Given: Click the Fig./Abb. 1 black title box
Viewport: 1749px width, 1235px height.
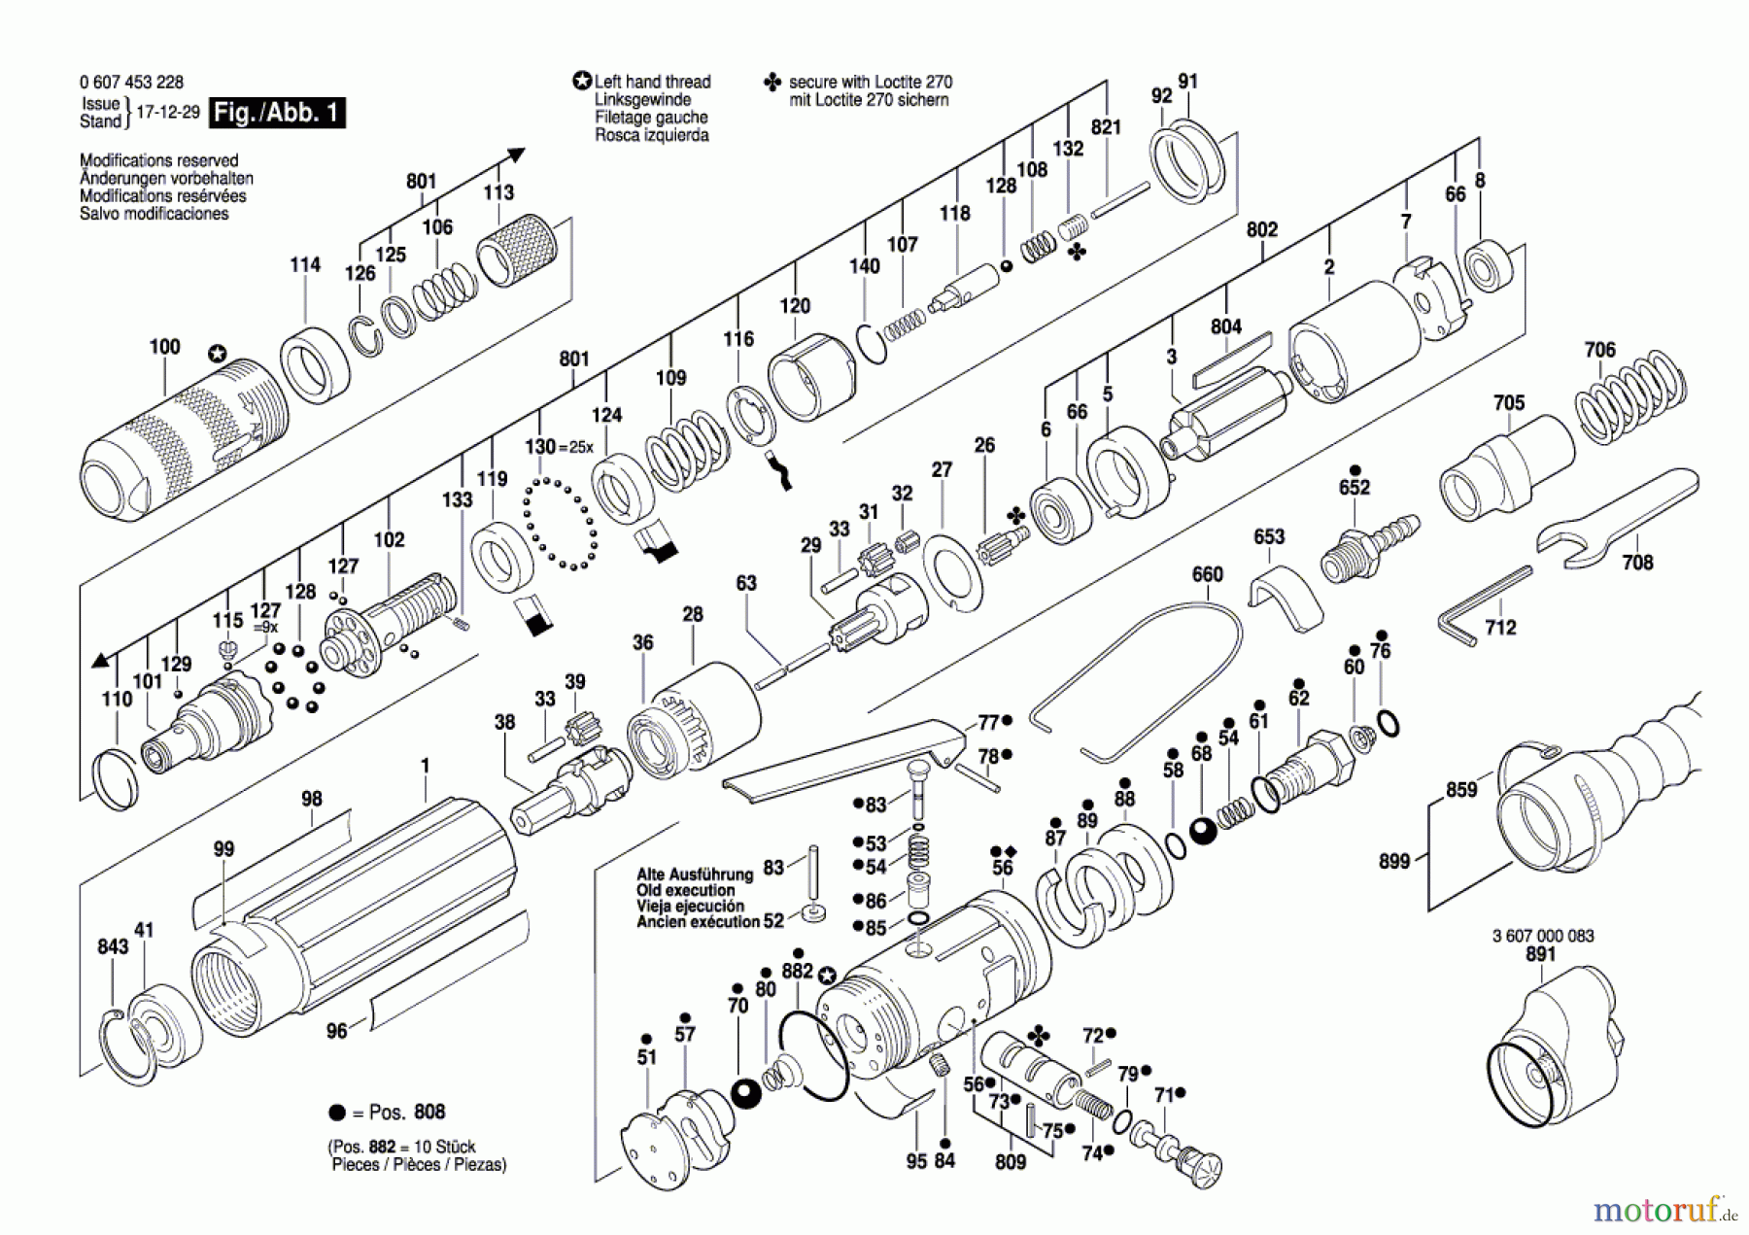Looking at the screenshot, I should point(277,113).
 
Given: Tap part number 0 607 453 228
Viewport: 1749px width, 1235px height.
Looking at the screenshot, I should point(131,83).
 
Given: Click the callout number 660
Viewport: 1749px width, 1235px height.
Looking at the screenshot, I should point(1207,574).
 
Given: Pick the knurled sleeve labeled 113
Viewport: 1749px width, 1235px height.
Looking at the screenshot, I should point(517,250).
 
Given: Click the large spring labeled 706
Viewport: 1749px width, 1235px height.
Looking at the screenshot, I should point(1630,398).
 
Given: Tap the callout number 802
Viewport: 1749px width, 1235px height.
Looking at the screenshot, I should point(1261,229).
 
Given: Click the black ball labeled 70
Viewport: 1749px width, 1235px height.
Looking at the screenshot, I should point(745,1093).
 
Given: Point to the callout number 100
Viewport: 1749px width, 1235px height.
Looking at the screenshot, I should point(164,347).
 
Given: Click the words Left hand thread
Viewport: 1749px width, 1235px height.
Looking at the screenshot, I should point(652,82).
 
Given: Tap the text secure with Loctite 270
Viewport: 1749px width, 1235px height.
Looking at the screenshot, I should point(870,82).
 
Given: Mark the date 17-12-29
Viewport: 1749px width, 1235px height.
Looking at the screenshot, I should point(167,112).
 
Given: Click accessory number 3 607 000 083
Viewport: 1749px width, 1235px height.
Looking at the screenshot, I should point(1543,936).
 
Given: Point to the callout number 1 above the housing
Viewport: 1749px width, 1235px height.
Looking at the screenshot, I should point(425,766).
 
